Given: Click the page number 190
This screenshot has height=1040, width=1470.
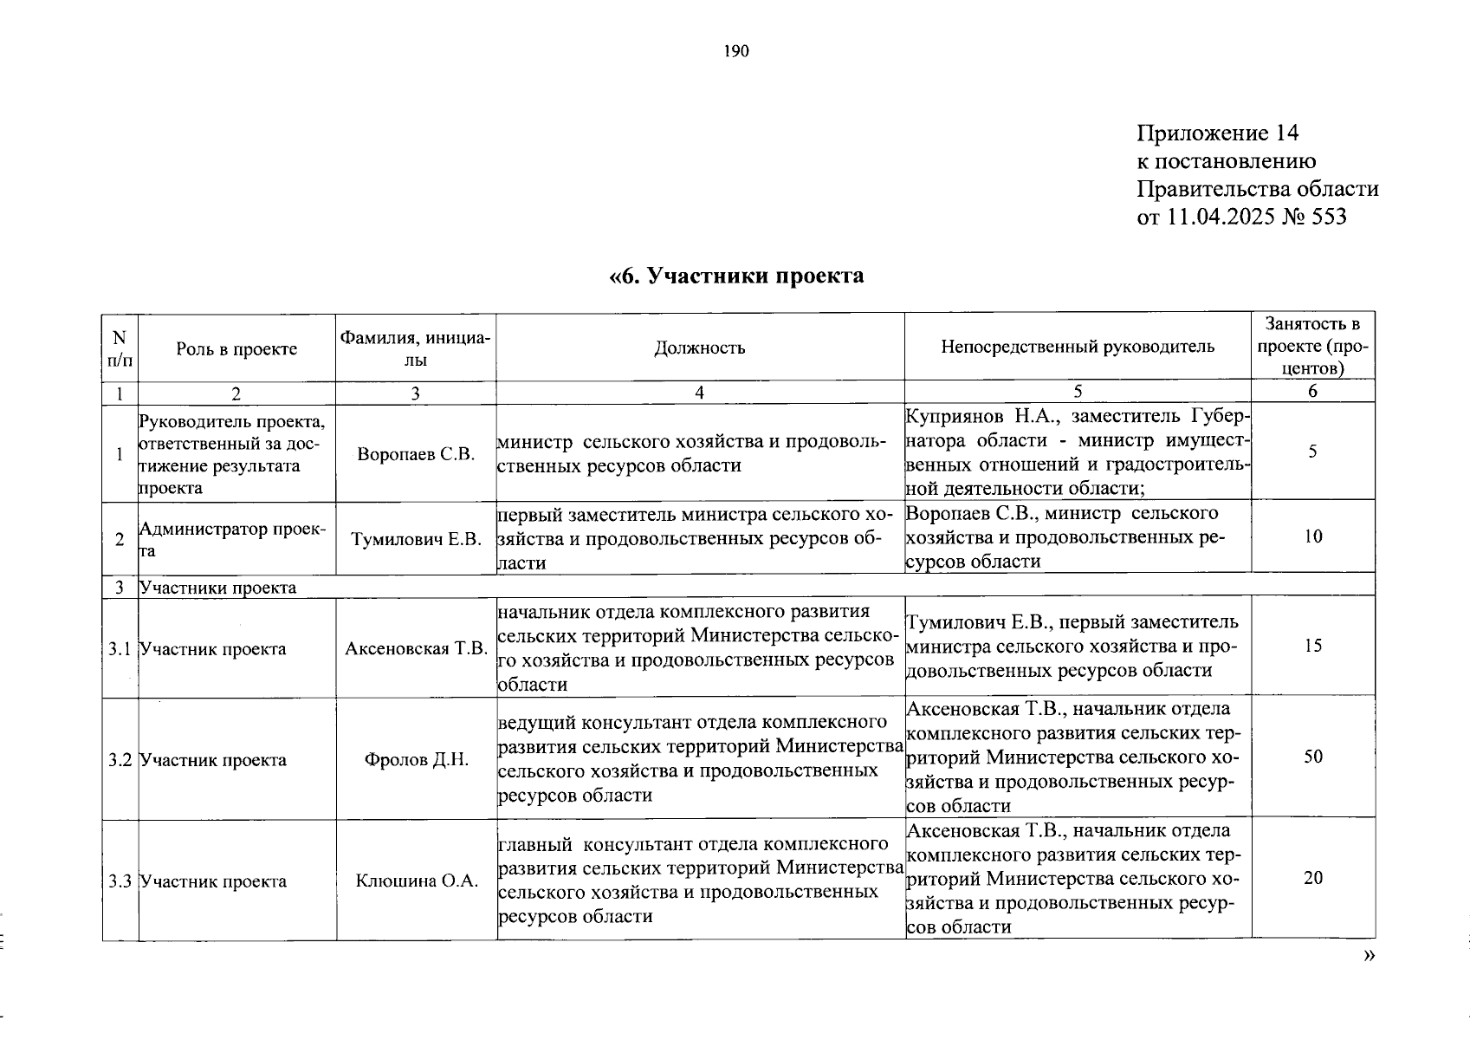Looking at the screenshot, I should (735, 51).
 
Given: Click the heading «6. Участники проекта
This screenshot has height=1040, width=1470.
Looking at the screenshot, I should (736, 276).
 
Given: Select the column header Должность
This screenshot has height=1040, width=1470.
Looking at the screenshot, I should (699, 348).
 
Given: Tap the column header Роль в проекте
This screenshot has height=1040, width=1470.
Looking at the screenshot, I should (236, 348).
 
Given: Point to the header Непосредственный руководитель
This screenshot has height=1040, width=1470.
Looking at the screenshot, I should (1078, 347).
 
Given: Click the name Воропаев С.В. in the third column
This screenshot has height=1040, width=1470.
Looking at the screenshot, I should (416, 453).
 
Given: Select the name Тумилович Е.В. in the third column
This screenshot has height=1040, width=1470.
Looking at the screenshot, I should (416, 539).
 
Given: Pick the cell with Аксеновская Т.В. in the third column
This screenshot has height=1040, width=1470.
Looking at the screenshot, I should (416, 648).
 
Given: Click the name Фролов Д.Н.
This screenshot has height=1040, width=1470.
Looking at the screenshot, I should (416, 760).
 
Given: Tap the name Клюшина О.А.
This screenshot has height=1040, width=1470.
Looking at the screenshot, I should (416, 881).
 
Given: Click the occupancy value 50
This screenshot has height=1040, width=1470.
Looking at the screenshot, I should (1313, 757).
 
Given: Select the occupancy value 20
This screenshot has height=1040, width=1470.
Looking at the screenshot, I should (1313, 878).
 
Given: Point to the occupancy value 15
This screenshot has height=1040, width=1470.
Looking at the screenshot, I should (1313, 646).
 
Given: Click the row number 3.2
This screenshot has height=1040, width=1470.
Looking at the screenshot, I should (120, 760).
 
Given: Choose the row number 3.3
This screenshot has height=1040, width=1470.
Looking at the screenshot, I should (120, 881).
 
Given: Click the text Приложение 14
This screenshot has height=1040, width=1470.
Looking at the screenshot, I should (1217, 133).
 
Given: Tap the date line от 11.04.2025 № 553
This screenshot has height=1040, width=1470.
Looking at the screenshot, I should (1241, 217).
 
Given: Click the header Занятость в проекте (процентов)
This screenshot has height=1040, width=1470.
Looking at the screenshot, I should (1312, 346).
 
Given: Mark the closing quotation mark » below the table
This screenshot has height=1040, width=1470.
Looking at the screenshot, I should (1368, 955).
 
